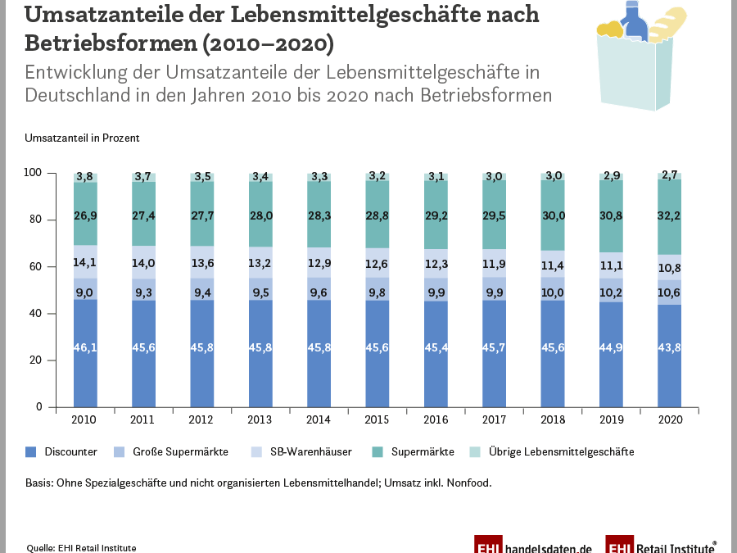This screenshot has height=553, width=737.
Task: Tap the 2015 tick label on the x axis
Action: click(378, 419)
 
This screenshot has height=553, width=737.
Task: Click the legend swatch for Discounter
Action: click(31, 451)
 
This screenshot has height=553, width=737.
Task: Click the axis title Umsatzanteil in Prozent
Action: click(82, 138)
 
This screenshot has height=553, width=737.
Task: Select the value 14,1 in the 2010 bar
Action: click(85, 263)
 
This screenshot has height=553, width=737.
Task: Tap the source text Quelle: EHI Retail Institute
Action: click(81, 547)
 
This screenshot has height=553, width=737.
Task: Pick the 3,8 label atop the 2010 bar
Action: click(85, 176)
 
